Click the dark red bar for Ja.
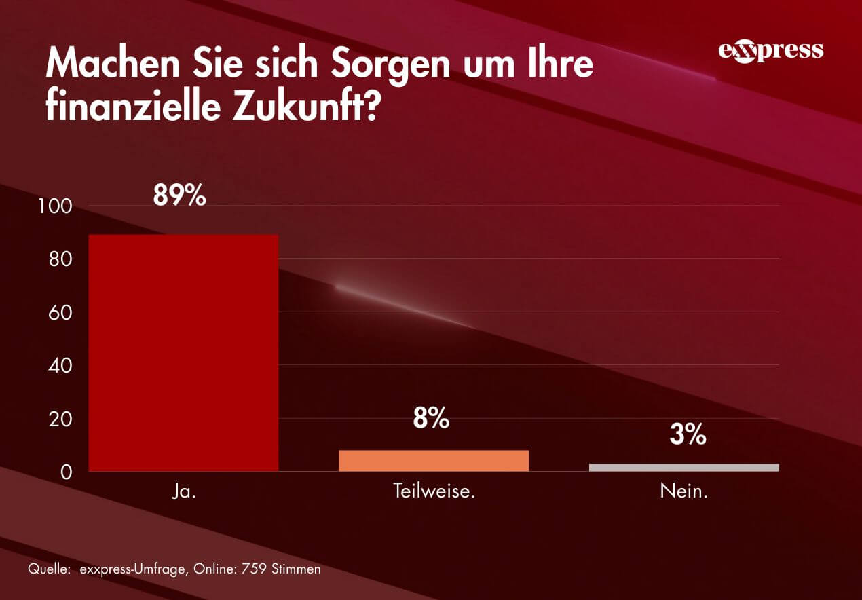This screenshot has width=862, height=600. coord(183,353)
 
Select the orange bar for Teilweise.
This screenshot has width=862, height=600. coord(433,460)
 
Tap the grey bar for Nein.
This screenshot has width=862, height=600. coord(683,467)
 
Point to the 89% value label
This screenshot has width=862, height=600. coord(179,195)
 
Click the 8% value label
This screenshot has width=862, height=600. coord(431,419)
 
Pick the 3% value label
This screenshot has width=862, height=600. coord(688,435)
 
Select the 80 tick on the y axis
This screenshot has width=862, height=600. coord(60,259)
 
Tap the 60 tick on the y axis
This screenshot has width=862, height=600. coord(60,312)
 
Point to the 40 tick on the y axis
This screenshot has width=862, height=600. coord(60,365)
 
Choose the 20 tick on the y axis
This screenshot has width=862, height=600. coord(60,419)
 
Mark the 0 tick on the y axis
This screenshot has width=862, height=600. coord(66,472)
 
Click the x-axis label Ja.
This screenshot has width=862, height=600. coord(183,491)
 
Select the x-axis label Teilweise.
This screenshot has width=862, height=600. coord(433,491)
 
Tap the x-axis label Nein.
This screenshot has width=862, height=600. coord(683,491)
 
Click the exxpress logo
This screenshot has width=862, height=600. coord(770,52)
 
